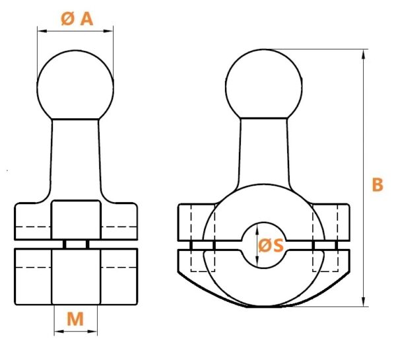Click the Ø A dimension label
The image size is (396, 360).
tap(77, 19)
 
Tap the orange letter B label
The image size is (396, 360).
tap(378, 184)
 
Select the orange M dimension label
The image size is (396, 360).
tap(75, 319)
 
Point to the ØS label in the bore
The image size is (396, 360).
tap(271, 245)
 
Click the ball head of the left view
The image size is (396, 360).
tap(75, 85)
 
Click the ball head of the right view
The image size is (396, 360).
tap(263, 84)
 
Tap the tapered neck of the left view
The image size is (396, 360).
tap(75, 159)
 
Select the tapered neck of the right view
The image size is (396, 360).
tap(264, 152)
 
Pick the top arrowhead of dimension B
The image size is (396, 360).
tap(364, 54)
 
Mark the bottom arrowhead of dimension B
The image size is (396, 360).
tap(364, 302)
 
